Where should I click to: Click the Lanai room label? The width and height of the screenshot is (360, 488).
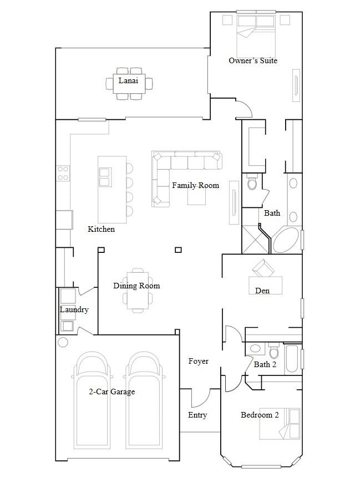pyautogui.click(x=128, y=80)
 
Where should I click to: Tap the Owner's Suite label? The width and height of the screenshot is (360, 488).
pyautogui.click(x=253, y=60)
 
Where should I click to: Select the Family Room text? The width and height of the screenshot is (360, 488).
pyautogui.click(x=196, y=185)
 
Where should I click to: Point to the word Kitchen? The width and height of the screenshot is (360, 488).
pyautogui.click(x=101, y=229)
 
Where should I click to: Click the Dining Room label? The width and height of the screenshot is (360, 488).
pyautogui.click(x=136, y=286)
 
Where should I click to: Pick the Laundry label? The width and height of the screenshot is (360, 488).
pyautogui.click(x=74, y=309)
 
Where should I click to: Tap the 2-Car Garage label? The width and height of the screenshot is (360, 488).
pyautogui.click(x=112, y=392)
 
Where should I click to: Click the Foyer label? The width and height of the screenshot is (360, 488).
pyautogui.click(x=199, y=361)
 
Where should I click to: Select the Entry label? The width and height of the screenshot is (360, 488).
pyautogui.click(x=197, y=415)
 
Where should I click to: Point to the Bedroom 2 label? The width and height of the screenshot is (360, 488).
pyautogui.click(x=260, y=415)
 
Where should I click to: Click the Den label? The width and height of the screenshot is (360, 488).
pyautogui.click(x=262, y=291)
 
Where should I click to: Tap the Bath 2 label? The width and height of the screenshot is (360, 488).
pyautogui.click(x=265, y=364)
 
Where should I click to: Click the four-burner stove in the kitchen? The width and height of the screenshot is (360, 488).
pyautogui.click(x=63, y=174)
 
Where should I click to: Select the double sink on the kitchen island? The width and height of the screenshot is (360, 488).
pyautogui.click(x=105, y=177)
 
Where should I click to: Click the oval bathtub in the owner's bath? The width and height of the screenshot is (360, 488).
pyautogui.click(x=286, y=240)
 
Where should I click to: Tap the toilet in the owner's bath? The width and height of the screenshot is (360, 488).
pyautogui.click(x=252, y=181)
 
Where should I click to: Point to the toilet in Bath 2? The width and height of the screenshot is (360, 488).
pyautogui.click(x=273, y=351)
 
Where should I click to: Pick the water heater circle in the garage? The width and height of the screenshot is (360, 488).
pyautogui.click(x=63, y=342)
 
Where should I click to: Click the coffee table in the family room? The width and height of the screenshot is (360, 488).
pyautogui.click(x=196, y=197)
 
